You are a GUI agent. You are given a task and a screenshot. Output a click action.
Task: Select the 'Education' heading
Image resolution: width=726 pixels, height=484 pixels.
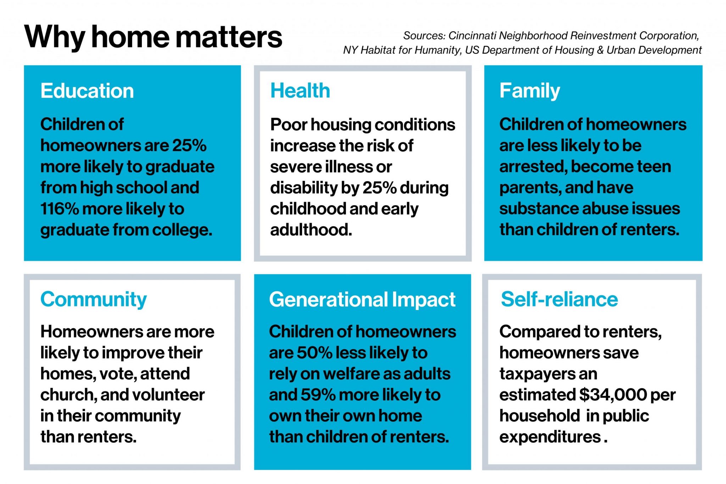pos(87,91)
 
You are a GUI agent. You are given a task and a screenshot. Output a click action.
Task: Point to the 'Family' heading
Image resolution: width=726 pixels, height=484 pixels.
pos(530,91)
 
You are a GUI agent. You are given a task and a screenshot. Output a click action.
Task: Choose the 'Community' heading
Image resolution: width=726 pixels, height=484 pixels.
pos(93,299)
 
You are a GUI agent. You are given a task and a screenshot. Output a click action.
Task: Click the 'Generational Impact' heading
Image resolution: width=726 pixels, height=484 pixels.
pos(362,299)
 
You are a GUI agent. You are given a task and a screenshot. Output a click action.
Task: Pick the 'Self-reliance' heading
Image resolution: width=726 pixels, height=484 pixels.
pos(559,299)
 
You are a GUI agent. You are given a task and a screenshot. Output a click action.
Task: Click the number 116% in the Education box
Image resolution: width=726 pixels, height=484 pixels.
pos(59,209)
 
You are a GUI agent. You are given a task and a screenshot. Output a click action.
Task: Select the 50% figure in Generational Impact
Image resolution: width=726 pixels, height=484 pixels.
pos(314,353)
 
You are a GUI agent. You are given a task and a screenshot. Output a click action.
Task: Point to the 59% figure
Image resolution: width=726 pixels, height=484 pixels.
pos(318,395)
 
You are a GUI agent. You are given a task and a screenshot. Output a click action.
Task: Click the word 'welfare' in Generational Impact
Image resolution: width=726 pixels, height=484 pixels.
pos(351,374)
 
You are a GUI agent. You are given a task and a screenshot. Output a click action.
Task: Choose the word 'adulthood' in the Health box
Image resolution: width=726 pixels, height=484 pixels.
pos(311,230)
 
